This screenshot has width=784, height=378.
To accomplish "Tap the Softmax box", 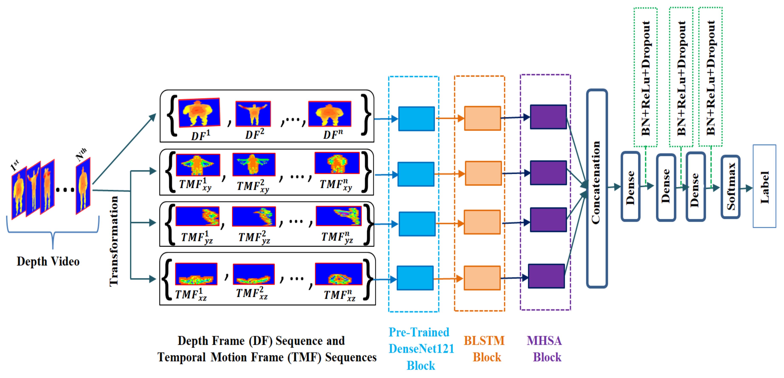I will point(730,187).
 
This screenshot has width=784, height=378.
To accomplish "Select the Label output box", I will point(764,186).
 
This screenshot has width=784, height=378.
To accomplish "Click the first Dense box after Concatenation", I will point(630,186).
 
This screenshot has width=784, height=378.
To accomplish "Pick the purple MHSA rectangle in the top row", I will point(548,117).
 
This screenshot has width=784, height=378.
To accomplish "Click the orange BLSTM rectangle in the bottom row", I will point(482,278).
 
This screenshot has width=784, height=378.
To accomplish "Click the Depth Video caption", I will point(48,261).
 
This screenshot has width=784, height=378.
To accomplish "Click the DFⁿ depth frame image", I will point(330,113).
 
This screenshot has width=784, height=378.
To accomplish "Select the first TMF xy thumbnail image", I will point(198,165).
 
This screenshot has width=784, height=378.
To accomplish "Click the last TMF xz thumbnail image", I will point(338,274).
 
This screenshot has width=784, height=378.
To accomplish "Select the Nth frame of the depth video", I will point(83,186).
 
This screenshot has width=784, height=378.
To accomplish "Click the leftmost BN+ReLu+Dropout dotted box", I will point(645,77).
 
